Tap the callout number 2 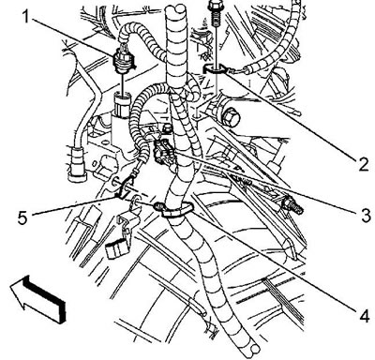click(364, 164)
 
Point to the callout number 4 click(365, 316)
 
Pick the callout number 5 click(22, 217)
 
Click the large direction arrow click(37, 298)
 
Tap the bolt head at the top click(215, 5)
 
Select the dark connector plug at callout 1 click(126, 59)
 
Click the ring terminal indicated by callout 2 click(215, 69)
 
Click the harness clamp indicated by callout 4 click(175, 208)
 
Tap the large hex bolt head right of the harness click(231, 118)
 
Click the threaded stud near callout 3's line click(292, 205)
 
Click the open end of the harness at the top click(176, 10)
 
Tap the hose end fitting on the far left click(77, 164)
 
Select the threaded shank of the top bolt click(215, 20)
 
